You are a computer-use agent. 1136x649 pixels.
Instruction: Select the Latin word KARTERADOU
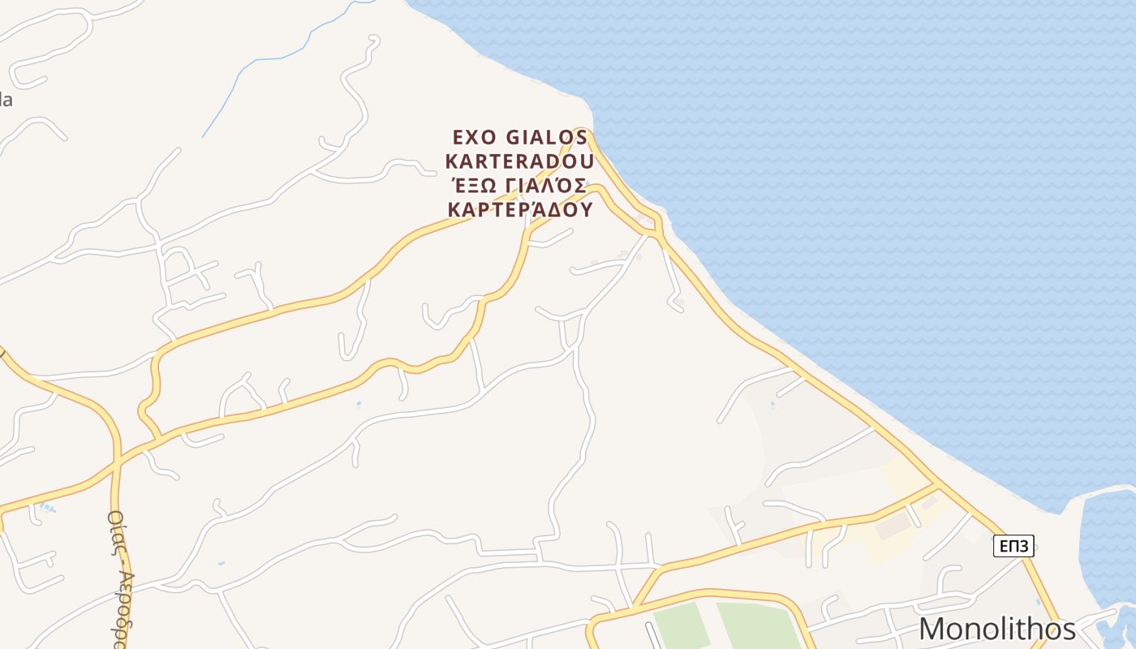pos(519,161)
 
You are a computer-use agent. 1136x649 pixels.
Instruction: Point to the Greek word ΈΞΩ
pos(472,185)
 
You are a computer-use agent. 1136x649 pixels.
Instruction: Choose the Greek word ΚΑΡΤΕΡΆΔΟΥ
pos(519,209)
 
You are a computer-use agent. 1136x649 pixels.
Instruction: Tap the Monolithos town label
pos(997,630)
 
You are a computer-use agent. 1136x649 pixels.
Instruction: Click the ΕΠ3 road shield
pos(1013,546)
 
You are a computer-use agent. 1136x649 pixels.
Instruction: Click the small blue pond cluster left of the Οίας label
pos(47,509)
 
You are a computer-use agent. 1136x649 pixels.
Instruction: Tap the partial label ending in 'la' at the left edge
pos(6,101)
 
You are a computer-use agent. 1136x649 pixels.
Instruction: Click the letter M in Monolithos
pos(933,630)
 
